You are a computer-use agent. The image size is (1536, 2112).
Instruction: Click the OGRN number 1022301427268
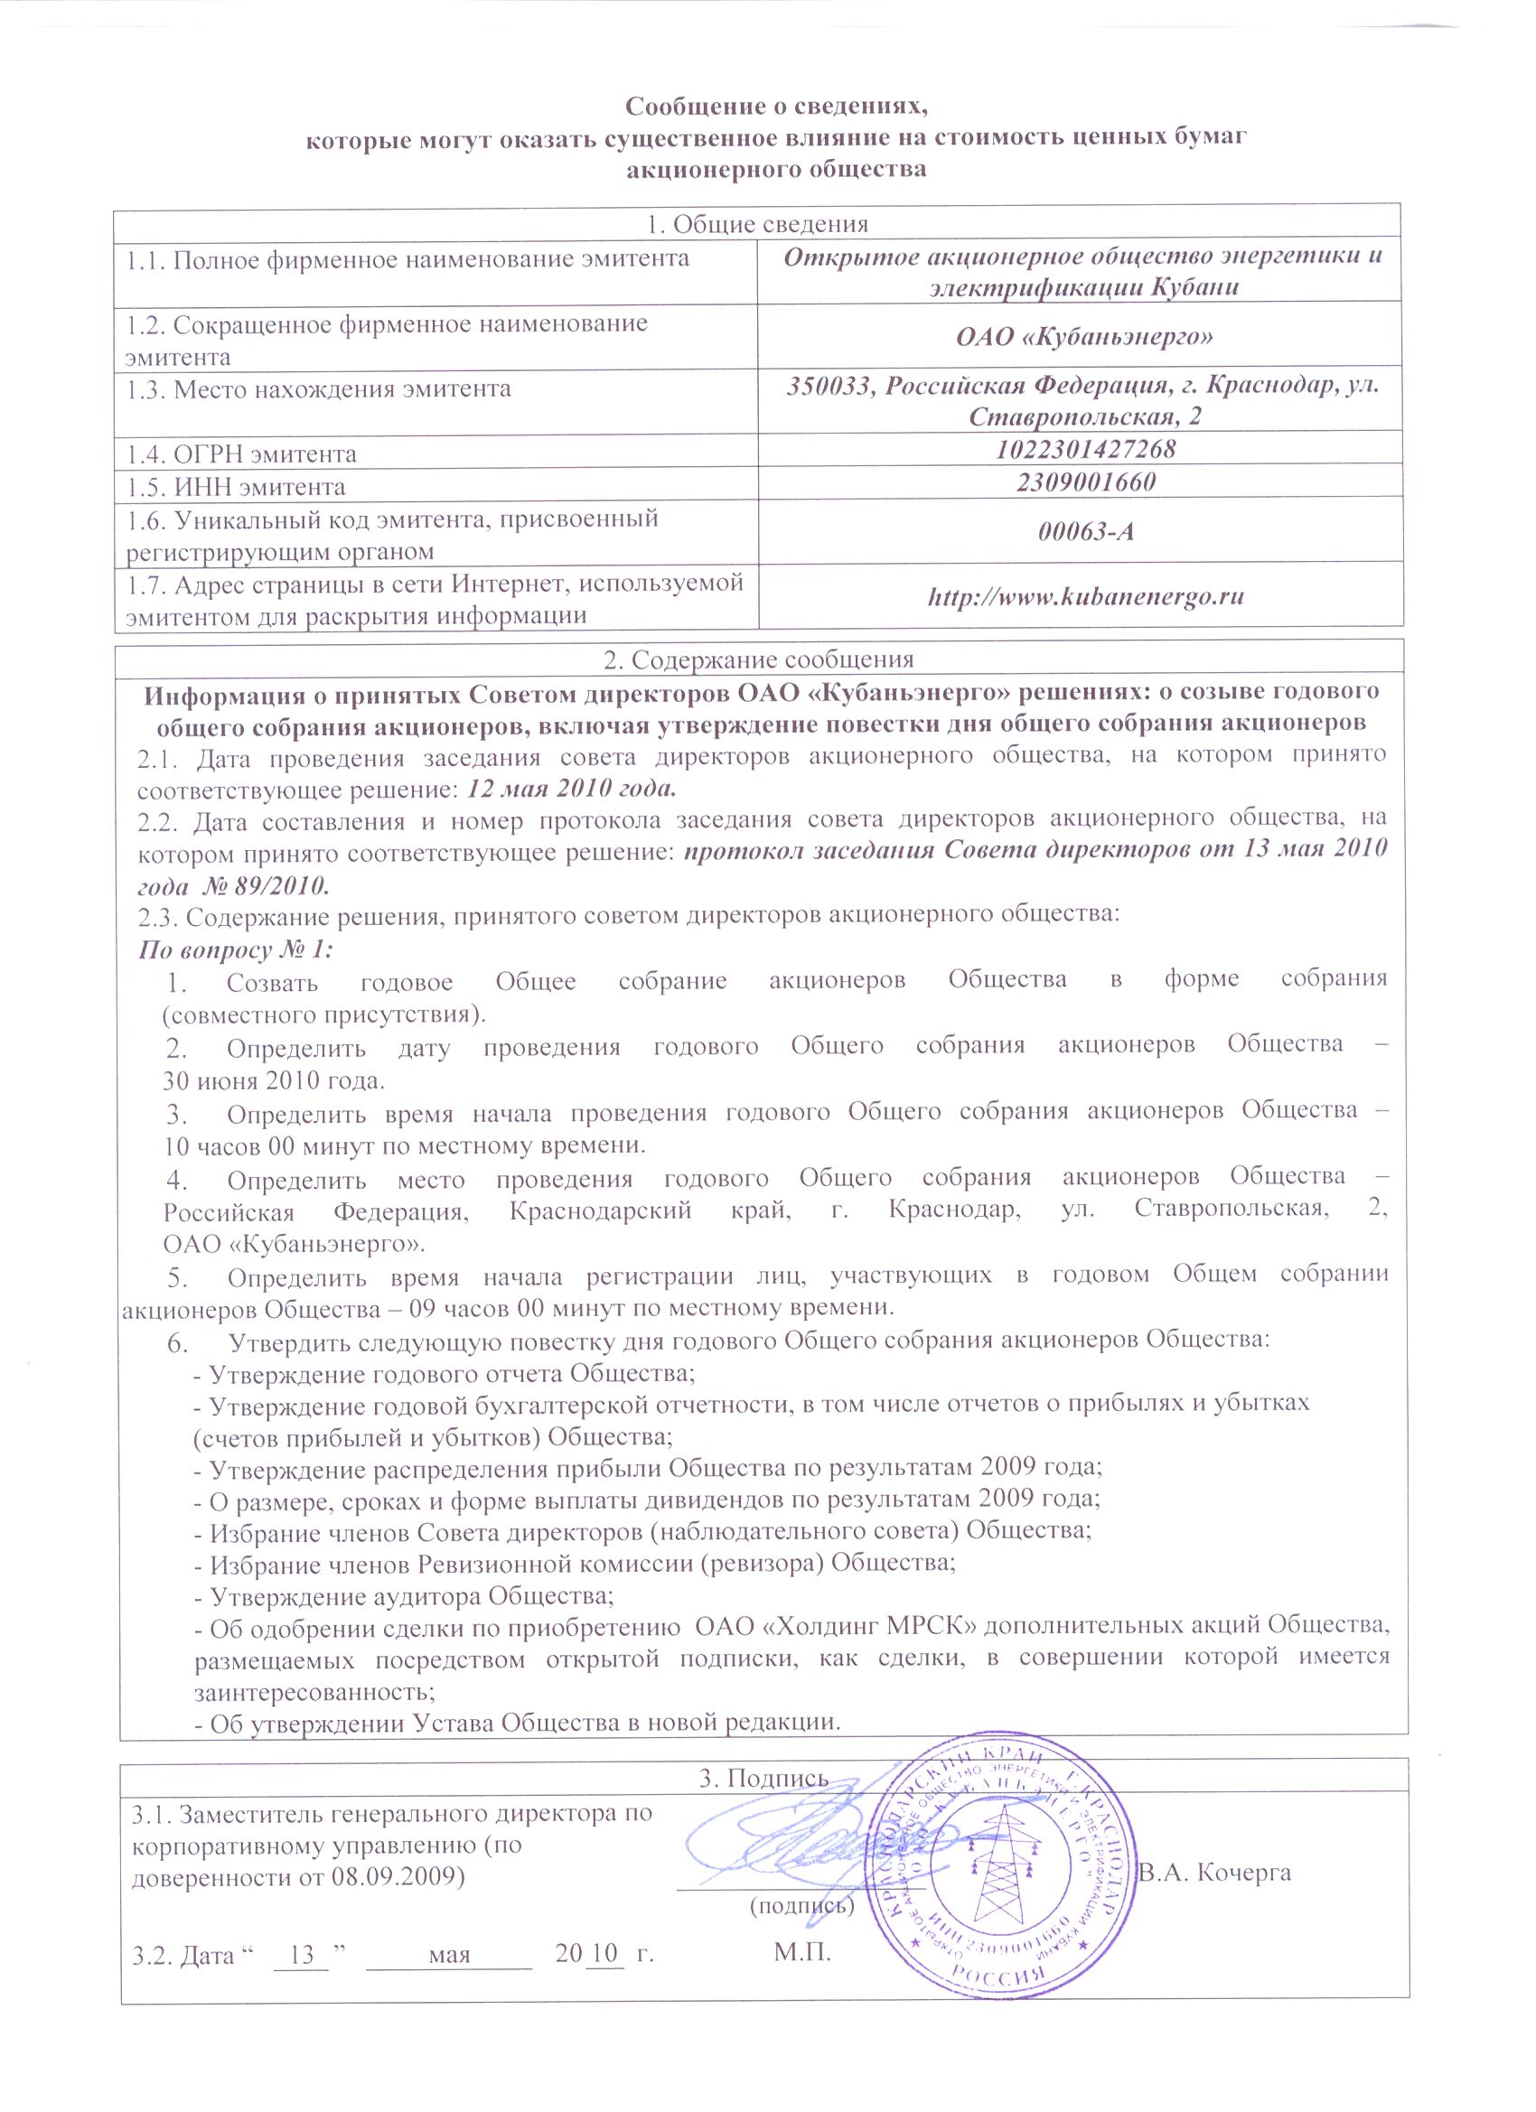[1085, 450]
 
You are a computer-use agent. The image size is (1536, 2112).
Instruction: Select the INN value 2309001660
[1086, 481]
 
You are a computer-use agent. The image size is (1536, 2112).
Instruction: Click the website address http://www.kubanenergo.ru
[1086, 596]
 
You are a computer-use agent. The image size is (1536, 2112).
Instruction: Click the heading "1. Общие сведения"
[757, 223]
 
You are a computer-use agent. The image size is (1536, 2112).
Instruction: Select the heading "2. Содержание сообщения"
[758, 659]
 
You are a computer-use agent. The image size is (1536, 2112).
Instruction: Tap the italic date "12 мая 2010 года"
[571, 788]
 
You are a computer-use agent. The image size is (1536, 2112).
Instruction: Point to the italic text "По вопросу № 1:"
[236, 949]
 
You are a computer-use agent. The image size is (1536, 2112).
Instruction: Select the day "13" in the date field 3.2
[302, 1953]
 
